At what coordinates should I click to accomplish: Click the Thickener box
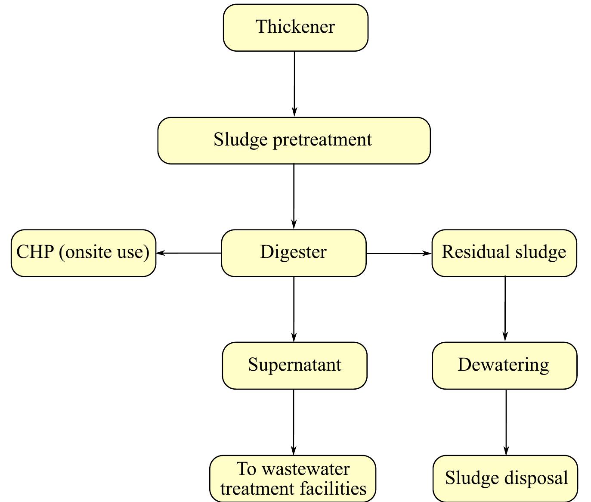(295, 28)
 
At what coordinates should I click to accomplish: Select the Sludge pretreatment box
(294, 140)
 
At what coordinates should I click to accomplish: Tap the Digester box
(294, 253)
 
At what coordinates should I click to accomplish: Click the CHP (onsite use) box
(83, 253)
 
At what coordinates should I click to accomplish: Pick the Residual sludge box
(504, 253)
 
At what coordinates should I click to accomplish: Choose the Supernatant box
(294, 366)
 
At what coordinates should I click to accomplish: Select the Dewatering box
(504, 366)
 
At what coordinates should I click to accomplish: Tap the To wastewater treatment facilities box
(293, 478)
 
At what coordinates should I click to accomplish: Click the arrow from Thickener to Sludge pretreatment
(294, 84)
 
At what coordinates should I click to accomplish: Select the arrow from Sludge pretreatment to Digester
(294, 196)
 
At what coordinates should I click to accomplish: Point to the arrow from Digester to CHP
(189, 253)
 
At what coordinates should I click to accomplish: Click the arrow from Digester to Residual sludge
(399, 253)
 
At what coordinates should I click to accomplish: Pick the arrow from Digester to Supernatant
(294, 309)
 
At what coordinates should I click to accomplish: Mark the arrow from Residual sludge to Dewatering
(505, 309)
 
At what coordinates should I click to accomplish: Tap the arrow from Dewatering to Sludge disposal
(506, 422)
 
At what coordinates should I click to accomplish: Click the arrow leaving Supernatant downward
(294, 422)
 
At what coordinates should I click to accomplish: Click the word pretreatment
(322, 140)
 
